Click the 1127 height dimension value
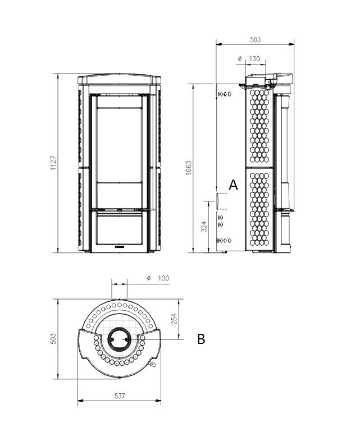click(53, 163)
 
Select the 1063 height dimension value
click(188, 168)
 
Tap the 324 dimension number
click(204, 227)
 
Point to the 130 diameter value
click(254, 58)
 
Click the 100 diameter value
click(163, 278)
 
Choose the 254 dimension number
click(174, 319)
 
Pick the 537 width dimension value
click(120, 396)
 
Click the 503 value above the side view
click(255, 39)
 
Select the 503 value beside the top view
click(53, 339)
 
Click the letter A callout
click(233, 185)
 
